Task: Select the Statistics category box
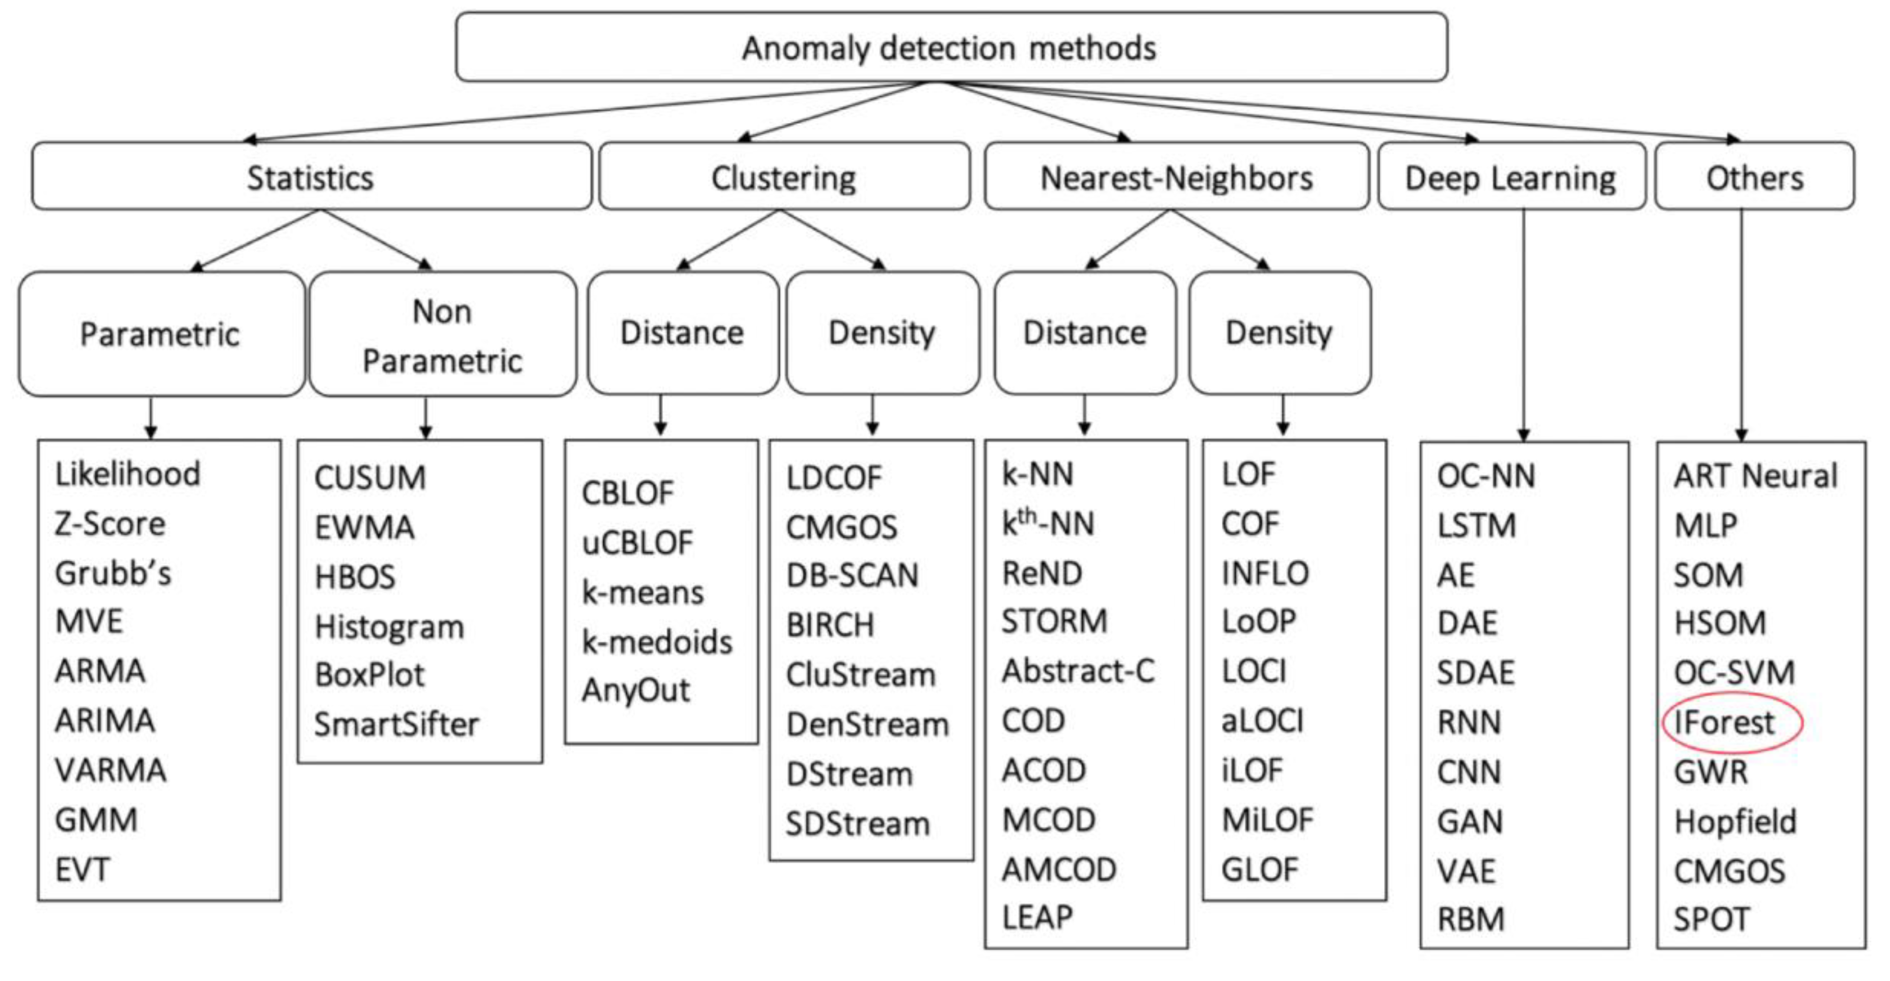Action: [311, 177]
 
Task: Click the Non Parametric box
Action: [442, 335]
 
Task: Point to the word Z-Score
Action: [110, 524]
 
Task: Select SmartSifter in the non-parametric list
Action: [396, 724]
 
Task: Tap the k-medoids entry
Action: [657, 642]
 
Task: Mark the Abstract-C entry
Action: [1078, 671]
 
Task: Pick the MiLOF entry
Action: [1267, 819]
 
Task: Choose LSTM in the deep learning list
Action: [1476, 525]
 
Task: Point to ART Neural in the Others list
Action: [1754, 475]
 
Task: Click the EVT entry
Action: [82, 869]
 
